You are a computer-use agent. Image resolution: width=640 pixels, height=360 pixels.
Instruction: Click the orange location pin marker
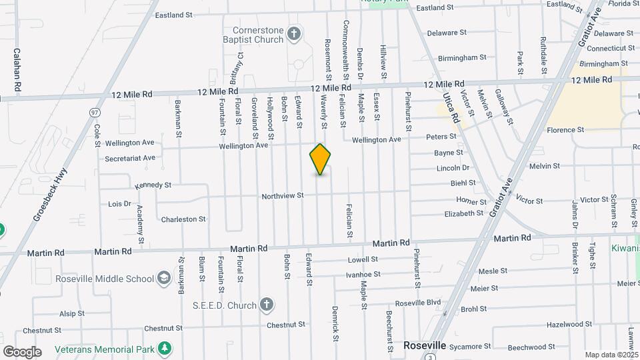[x=320, y=159]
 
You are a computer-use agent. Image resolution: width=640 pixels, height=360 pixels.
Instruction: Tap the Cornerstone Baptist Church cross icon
[x=294, y=32]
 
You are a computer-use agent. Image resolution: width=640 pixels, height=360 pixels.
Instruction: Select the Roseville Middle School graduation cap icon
[x=164, y=277]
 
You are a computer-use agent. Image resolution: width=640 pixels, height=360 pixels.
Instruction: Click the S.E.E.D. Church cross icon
[x=266, y=305]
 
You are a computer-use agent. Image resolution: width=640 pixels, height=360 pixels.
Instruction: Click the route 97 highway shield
[x=95, y=113]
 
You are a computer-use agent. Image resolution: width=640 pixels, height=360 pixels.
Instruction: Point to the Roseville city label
[x=425, y=346]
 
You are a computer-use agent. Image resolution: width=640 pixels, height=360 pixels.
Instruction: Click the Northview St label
[x=282, y=195]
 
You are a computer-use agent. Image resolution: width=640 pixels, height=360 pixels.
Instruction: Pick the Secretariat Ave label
[x=130, y=158]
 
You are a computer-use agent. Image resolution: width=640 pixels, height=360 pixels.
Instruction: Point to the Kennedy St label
[x=153, y=185]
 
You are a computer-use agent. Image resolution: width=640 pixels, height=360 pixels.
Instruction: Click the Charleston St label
[x=183, y=219]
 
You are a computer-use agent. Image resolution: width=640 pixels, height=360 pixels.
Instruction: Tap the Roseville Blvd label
[x=417, y=303]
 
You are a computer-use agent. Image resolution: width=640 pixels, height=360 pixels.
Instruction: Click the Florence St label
[x=565, y=130]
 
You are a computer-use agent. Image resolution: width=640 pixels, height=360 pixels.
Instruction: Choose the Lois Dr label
[x=119, y=204]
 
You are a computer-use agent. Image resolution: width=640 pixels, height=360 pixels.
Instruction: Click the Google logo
[x=22, y=351]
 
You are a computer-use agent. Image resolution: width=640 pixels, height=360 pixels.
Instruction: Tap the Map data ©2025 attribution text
[x=611, y=355]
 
